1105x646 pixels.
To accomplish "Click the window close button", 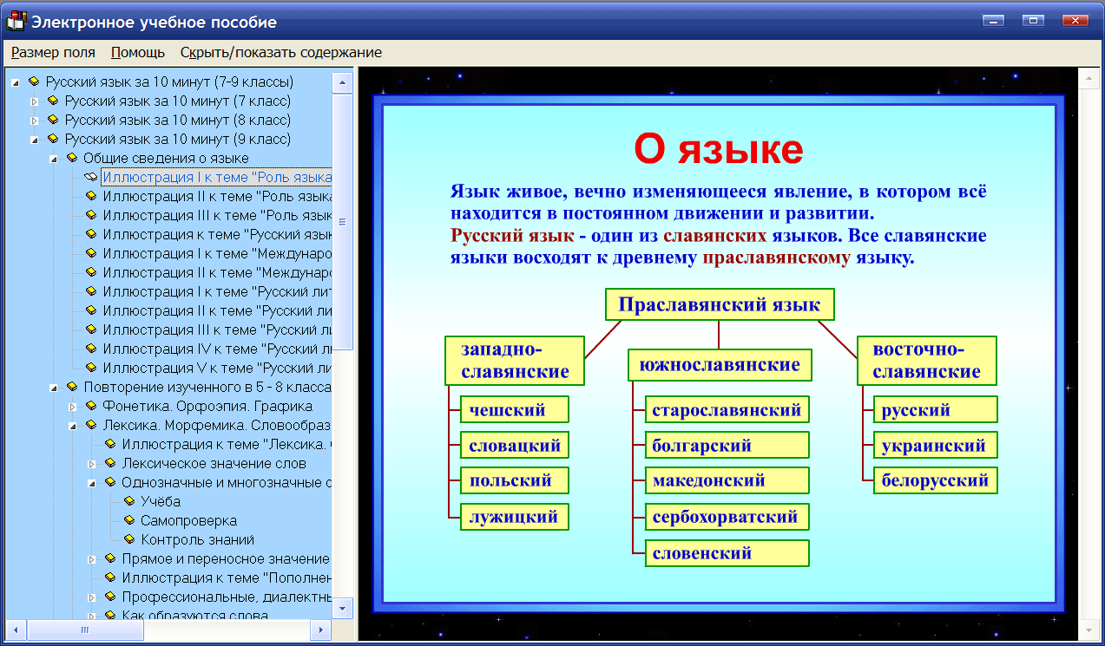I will pos(1076,21).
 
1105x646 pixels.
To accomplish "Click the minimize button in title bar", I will pos(993,21).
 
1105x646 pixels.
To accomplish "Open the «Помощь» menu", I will pos(138,52).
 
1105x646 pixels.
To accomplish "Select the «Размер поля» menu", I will pos(53,52).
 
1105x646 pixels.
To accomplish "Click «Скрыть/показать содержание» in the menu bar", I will pos(280,52).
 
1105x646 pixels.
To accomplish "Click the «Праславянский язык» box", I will pos(719,305).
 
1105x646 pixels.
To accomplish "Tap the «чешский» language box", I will pos(513,410).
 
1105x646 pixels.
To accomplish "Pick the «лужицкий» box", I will pos(513,518).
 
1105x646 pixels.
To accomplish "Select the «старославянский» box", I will pos(727,410).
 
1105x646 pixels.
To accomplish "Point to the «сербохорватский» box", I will pos(727,518).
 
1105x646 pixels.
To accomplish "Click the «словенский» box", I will pos(727,553).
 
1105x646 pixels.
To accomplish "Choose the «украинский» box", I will pos(934,446).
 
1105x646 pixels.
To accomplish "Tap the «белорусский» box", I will pos(934,480).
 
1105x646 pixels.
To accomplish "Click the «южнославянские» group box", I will pos(720,365).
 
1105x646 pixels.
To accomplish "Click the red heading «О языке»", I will pos(718,150).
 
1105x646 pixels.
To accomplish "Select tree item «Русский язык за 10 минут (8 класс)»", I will pos(177,120).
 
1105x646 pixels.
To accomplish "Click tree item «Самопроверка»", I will pos(188,520).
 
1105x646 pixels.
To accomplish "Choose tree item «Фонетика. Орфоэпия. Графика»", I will pos(207,406).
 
